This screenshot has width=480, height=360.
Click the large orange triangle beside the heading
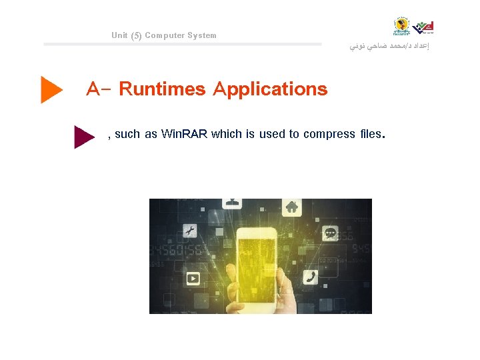point(51,89)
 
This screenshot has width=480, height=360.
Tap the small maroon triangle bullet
point(83,137)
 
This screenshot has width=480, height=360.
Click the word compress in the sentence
point(329,134)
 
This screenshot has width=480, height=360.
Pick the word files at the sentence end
point(370,134)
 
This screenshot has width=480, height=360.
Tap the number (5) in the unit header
point(136,35)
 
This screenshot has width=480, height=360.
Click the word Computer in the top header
point(164,35)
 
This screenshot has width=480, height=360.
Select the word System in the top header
point(201,35)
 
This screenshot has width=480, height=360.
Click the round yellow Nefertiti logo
point(402,27)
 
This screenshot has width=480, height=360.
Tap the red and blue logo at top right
point(424,27)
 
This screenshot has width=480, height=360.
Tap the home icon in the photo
point(291,207)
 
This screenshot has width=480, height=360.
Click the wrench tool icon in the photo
point(189,231)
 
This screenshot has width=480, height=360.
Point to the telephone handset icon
point(311,277)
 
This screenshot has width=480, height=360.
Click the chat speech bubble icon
point(331,233)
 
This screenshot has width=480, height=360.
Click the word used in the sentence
point(271,134)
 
